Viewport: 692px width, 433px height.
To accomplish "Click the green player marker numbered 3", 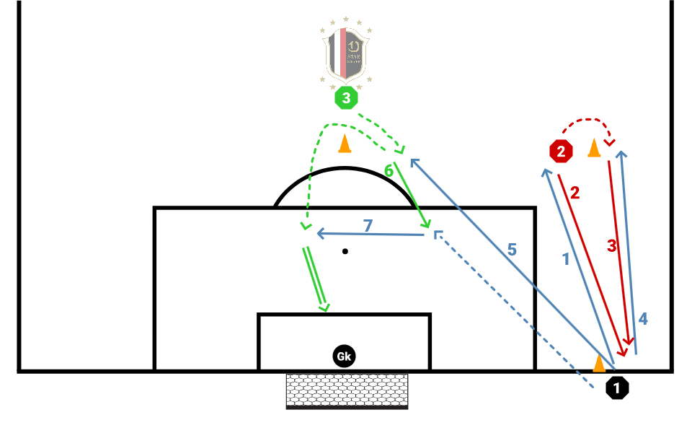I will coord(346,98).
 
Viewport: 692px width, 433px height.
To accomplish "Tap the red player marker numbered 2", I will coord(560,152).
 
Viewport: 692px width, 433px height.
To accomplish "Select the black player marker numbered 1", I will coord(617,388).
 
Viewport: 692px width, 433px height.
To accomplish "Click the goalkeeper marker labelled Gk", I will coord(345,356).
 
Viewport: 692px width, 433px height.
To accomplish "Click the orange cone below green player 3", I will coord(345,144).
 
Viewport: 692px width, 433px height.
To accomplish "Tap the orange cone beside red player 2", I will coord(594,148).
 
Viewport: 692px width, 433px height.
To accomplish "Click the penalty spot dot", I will coord(345,251).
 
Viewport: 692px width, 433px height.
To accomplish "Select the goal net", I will coord(347,390).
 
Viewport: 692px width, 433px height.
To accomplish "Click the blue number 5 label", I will coord(512,250).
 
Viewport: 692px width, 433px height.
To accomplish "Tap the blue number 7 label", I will coord(368,226).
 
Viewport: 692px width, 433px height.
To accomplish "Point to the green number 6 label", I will coord(388,171).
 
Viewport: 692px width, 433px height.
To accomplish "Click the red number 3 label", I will coord(612,246).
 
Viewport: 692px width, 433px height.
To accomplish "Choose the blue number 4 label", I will coord(643,318).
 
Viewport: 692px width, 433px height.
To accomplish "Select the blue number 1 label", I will coord(566,258).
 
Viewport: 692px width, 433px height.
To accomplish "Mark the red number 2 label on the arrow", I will coord(575,193).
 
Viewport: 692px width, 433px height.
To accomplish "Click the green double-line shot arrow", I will coord(316,279).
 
